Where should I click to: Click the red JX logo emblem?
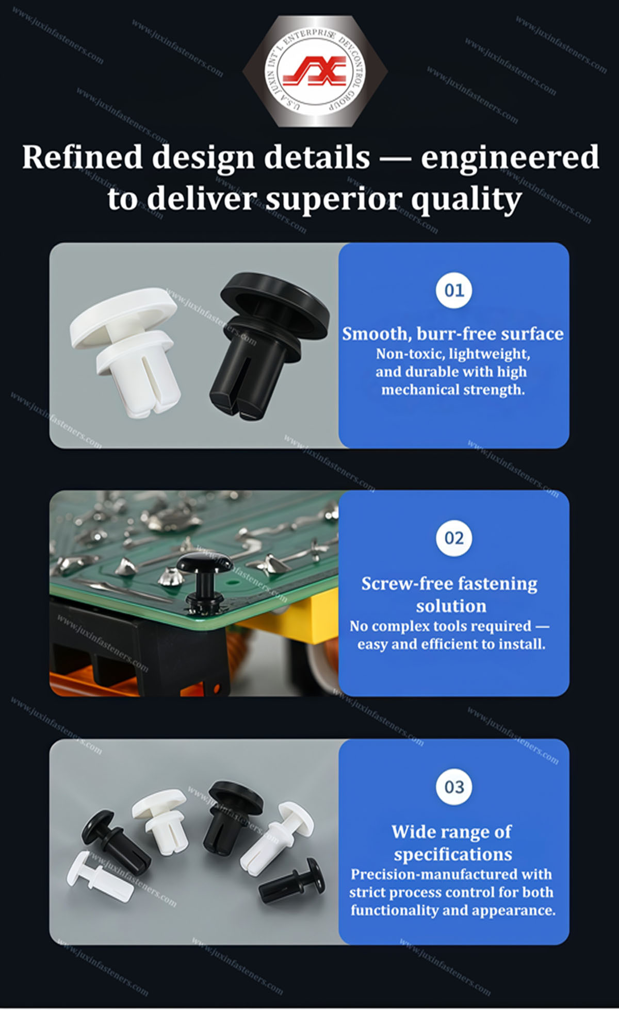[314, 71]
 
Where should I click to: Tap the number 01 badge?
[454, 290]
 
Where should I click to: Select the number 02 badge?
[454, 538]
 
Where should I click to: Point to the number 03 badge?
[454, 787]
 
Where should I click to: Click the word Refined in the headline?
[83, 157]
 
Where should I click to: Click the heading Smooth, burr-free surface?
[453, 334]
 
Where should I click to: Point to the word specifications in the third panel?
[453, 855]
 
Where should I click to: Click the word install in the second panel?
[521, 644]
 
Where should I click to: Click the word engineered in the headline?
[510, 158]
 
